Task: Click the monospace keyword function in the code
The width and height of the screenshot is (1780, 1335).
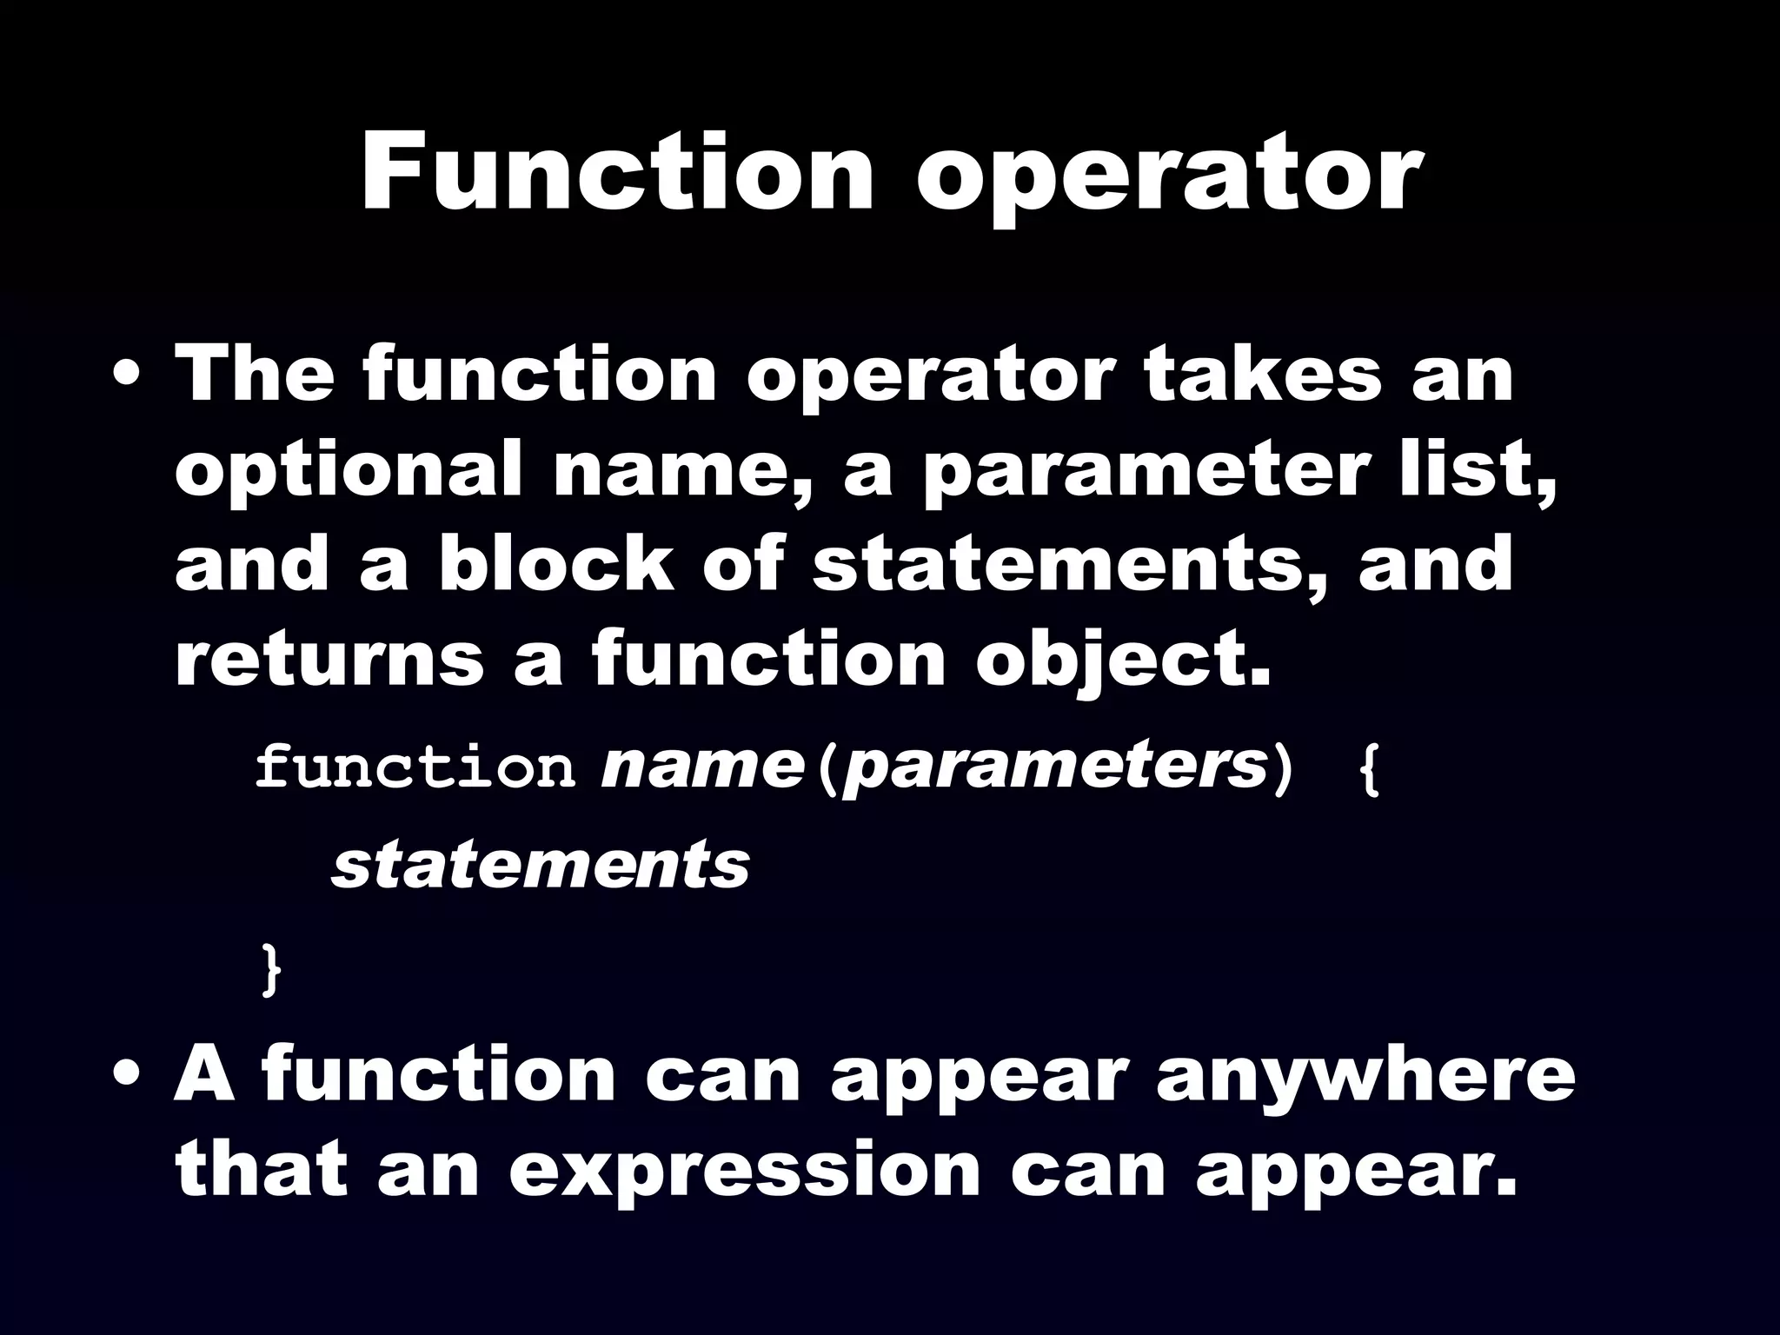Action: click(x=415, y=767)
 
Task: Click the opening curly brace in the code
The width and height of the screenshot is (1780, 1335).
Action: click(x=1368, y=768)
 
